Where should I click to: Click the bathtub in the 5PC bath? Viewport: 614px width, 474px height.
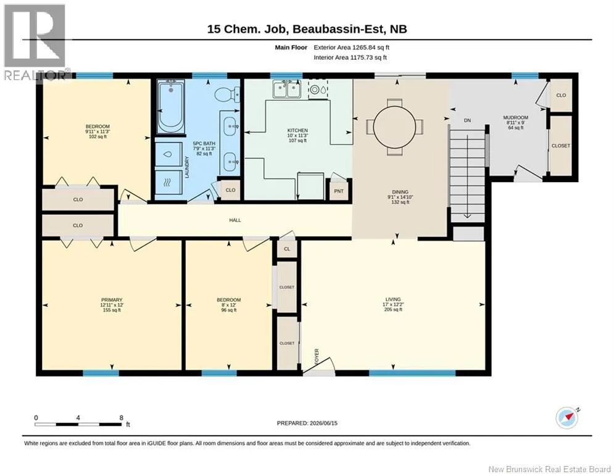coord(171,106)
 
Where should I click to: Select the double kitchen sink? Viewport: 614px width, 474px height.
coord(287,89)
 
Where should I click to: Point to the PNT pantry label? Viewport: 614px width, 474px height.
coord(339,191)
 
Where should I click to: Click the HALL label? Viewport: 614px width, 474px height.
coord(235,220)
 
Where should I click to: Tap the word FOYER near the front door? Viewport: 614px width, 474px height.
coord(317,357)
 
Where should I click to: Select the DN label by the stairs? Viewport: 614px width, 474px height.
coord(467,120)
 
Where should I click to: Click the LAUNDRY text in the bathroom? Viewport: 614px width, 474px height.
coord(187,167)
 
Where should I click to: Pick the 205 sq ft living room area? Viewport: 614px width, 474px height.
coord(393,309)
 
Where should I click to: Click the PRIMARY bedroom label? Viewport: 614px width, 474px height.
coord(112,300)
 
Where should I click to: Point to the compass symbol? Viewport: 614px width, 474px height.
coord(567,418)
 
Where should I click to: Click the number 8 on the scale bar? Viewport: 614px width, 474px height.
coord(122,418)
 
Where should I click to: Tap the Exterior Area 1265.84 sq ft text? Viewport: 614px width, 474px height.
coord(351,48)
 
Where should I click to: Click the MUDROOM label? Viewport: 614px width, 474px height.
coord(516,117)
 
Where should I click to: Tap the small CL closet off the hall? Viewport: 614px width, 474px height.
coord(287,249)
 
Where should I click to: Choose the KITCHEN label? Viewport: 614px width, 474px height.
coord(297,130)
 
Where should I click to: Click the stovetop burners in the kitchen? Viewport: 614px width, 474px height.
coord(318,89)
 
